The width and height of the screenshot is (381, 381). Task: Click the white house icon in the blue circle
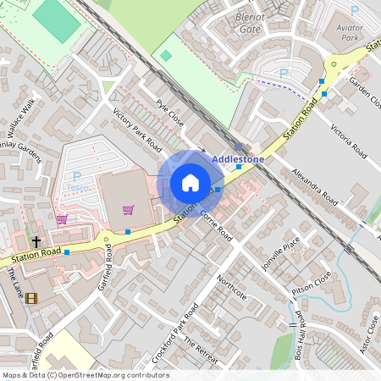pos(190,183)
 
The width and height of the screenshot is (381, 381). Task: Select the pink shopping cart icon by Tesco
pos(128,209)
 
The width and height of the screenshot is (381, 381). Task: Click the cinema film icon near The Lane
pos(31,297)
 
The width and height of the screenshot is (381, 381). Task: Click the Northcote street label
pos(231,286)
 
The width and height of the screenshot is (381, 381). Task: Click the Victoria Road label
pos(348,141)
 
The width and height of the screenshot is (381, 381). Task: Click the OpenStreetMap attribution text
pos(85,375)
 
